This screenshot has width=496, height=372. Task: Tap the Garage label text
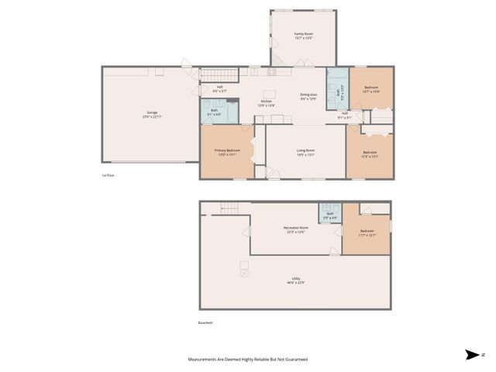pyautogui.click(x=153, y=113)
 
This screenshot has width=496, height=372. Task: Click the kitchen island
pyautogui.click(x=273, y=119)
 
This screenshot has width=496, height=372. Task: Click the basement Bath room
pyautogui.click(x=330, y=212)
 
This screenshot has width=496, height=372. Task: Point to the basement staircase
pyautogui.click(x=230, y=207)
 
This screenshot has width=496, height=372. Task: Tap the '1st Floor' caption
pyautogui.click(x=108, y=176)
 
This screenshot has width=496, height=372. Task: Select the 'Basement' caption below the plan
pyautogui.click(x=205, y=323)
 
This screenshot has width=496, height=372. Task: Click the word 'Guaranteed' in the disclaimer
pyautogui.click(x=294, y=360)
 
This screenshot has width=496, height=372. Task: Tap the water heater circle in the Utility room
pyautogui.click(x=245, y=273)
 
